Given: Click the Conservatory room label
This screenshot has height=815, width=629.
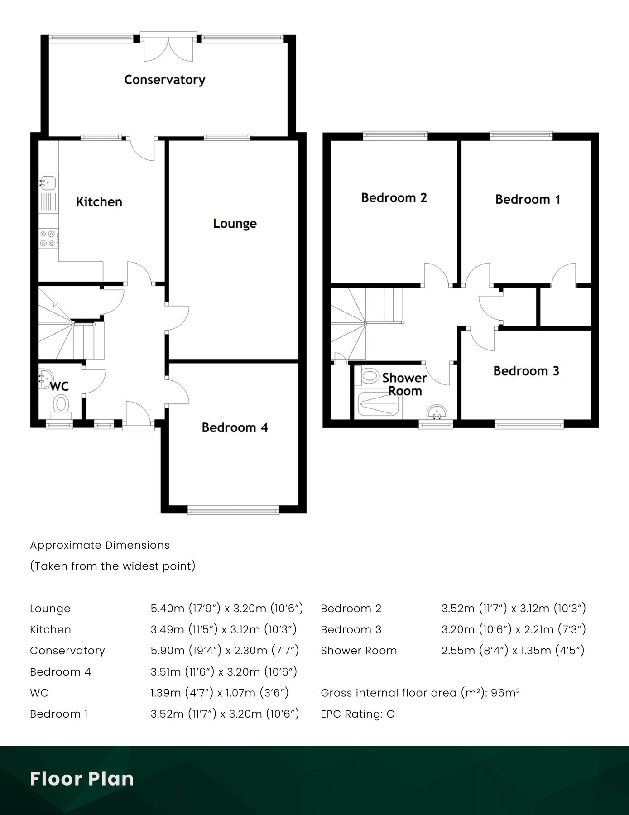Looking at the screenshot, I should pyautogui.click(x=164, y=80).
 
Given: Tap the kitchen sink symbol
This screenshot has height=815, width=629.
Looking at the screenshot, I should pyautogui.click(x=48, y=182).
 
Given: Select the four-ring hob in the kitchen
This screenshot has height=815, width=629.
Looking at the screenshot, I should pyautogui.click(x=48, y=239).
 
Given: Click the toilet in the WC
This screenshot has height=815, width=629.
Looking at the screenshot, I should pyautogui.click(x=61, y=404).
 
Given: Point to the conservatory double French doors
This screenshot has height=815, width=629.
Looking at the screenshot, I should pyautogui.click(x=168, y=47).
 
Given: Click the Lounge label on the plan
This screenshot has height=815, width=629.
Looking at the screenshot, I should pyautogui.click(x=235, y=224).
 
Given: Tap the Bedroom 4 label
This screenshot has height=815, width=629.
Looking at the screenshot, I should pyautogui.click(x=235, y=427).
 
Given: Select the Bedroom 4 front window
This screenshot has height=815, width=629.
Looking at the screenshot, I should pyautogui.click(x=234, y=511).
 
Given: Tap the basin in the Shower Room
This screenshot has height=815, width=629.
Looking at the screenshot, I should pyautogui.click(x=437, y=412).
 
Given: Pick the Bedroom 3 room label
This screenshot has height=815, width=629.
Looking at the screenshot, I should pyautogui.click(x=526, y=371).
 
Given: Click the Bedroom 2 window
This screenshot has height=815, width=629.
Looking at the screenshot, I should pyautogui.click(x=395, y=134).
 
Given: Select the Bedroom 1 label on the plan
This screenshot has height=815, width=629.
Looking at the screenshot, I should pyautogui.click(x=528, y=199).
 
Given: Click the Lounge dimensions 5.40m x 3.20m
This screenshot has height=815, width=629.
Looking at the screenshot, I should pyautogui.click(x=226, y=608).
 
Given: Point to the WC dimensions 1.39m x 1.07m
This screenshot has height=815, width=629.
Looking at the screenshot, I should pyautogui.click(x=220, y=693).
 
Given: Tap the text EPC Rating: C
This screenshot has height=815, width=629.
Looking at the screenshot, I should pyautogui.click(x=357, y=714).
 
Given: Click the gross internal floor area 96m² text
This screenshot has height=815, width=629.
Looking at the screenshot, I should pyautogui.click(x=420, y=693).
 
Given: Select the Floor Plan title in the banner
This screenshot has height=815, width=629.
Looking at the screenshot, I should pyautogui.click(x=82, y=779).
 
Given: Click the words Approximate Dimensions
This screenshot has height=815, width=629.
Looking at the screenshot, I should pyautogui.click(x=100, y=545).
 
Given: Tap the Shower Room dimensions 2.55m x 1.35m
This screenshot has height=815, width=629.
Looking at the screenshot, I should pyautogui.click(x=513, y=651).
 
